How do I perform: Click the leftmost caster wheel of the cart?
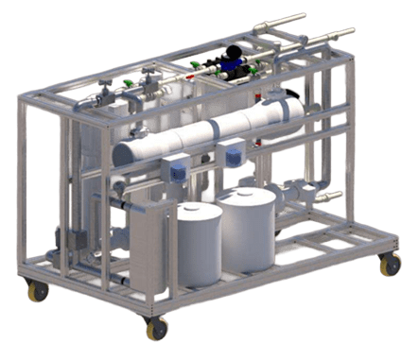click(39, 292)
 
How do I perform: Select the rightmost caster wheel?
click(390, 266)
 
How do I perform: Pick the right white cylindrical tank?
click(248, 232)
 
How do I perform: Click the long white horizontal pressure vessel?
click(208, 131)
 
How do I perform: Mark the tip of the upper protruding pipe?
click(305, 16)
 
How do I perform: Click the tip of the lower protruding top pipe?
click(351, 31)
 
